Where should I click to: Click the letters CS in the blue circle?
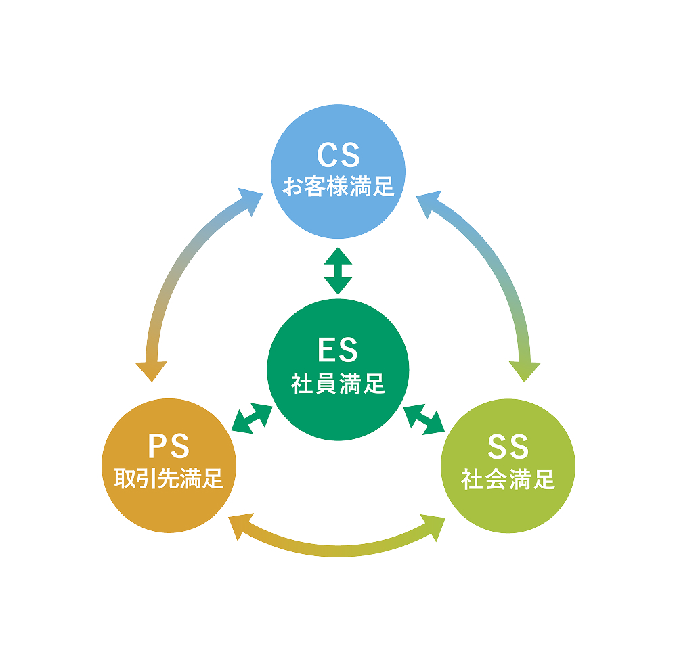338,156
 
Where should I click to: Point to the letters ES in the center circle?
338,351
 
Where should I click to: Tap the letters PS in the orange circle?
169,447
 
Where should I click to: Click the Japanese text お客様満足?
338,186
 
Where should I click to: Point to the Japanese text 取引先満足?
169,479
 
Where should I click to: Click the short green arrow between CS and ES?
338,271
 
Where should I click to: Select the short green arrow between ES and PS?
252,418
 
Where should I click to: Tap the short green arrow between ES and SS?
424,418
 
